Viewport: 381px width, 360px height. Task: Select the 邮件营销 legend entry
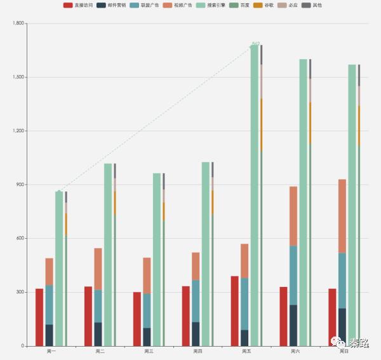[x=110, y=5]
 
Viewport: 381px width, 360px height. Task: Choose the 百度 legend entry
[x=239, y=5]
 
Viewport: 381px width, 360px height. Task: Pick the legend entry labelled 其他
[x=312, y=5]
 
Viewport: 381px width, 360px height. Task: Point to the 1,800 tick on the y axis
[x=18, y=23]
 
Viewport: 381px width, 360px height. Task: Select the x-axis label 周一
[x=51, y=351]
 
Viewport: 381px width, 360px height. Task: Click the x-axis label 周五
[x=246, y=351]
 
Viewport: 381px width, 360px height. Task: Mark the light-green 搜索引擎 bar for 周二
[x=108, y=254]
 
